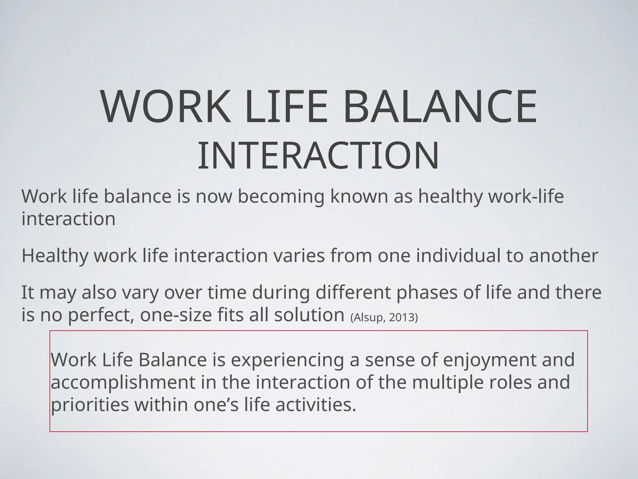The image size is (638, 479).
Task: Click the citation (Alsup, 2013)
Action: pos(384,317)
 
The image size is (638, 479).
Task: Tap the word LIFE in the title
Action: pos(286,107)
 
